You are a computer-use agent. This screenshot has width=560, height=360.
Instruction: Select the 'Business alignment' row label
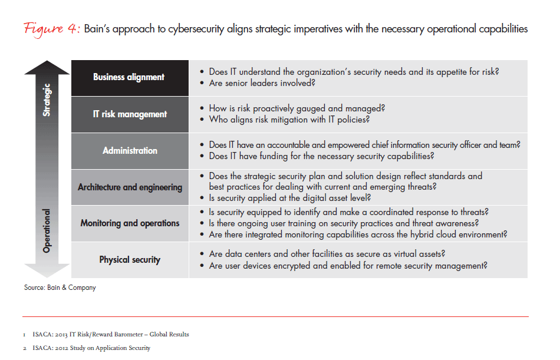coord(129,77)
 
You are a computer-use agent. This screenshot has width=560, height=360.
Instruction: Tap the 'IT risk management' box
coord(130,114)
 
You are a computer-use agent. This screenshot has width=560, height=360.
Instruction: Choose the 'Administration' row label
coord(130,151)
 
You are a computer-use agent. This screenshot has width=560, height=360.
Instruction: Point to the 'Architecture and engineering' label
coord(130,187)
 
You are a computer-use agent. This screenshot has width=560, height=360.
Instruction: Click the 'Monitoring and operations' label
coord(130,223)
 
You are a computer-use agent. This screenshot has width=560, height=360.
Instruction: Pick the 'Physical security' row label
coord(130,260)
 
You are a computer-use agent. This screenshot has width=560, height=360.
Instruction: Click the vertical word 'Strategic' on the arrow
coord(47,100)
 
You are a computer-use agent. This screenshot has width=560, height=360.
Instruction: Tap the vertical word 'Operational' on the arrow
coord(47,230)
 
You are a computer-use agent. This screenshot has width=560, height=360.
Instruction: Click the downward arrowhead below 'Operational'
coord(47,270)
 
